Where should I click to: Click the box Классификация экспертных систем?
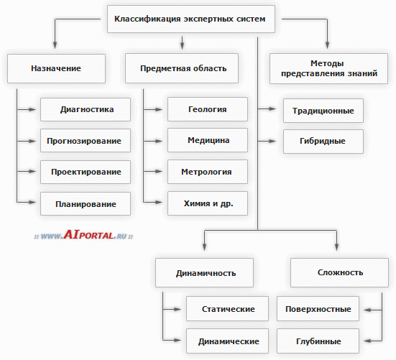tap(191, 19)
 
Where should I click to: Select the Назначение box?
tap(56, 68)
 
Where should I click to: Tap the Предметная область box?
tap(182, 68)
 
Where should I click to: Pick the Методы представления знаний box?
tap(329, 68)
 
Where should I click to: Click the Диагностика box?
tap(86, 109)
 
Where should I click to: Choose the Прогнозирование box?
tap(86, 141)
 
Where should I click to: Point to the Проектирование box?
tap(86, 172)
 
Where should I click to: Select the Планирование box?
tap(86, 204)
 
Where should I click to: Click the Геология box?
tap(208, 109)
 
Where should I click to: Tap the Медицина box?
tap(208, 140)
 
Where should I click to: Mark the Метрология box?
tap(208, 172)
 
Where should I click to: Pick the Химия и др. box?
tap(208, 203)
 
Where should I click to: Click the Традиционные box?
tap(323, 111)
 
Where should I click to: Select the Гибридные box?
tap(323, 142)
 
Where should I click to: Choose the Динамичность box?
tap(204, 272)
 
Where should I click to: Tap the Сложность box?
tap(339, 272)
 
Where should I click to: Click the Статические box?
tap(227, 309)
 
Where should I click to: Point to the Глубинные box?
tap(318, 341)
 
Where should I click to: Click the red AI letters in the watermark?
tap(71, 234)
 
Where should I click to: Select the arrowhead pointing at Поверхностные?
tap(368, 310)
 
